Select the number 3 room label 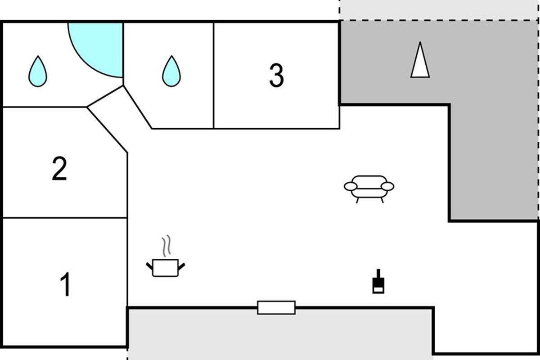click(x=276, y=76)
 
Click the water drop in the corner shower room click(x=38, y=72)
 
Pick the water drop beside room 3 click(x=171, y=72)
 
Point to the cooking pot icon click(x=166, y=267)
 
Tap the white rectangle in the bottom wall click(x=276, y=307)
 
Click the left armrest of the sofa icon click(x=351, y=186)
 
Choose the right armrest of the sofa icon click(x=387, y=186)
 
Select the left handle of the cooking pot click(x=149, y=266)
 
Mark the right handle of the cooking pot click(x=182, y=266)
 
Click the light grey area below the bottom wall click(x=279, y=335)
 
